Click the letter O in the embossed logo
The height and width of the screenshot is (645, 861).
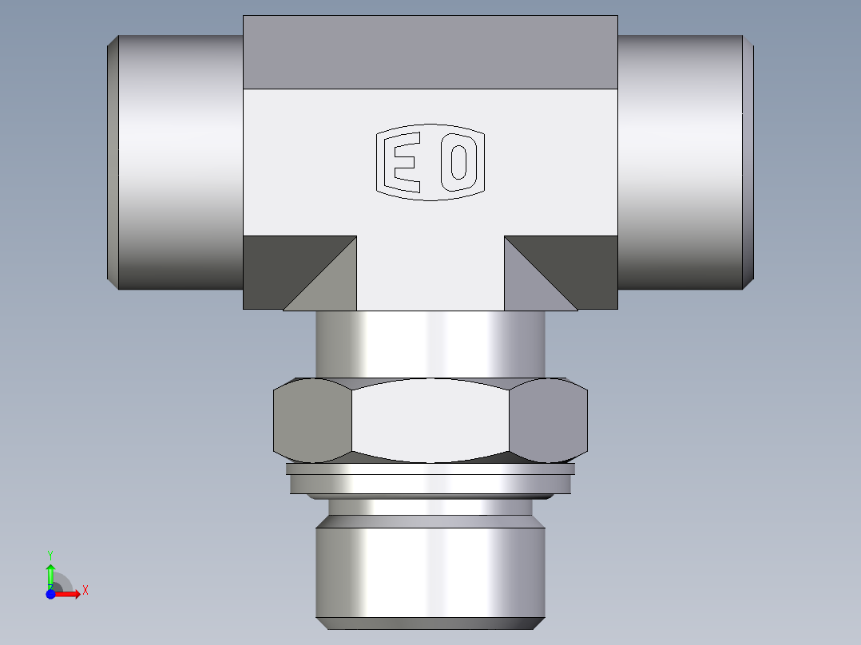tap(459, 163)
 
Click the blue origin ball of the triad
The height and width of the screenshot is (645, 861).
tap(50, 595)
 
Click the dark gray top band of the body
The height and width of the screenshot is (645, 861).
tap(430, 52)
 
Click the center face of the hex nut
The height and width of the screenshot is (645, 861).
tap(430, 419)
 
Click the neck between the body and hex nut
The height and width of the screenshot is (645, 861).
tap(430, 343)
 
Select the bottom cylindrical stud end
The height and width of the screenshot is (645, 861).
tap(430, 567)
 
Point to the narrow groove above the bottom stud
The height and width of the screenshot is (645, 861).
tap(430, 507)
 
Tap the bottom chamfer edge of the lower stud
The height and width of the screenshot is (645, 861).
tap(430, 623)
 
